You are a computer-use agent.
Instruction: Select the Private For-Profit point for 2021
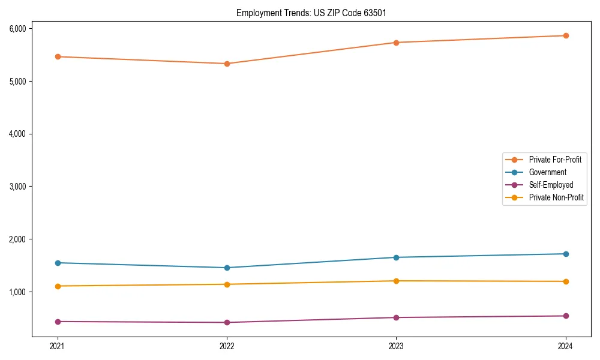pyautogui.click(x=58, y=56)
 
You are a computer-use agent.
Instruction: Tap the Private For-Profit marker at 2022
pyautogui.click(x=227, y=64)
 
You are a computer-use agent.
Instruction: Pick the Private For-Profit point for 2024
pyautogui.click(x=566, y=35)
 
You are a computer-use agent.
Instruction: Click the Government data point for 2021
pyautogui.click(x=58, y=263)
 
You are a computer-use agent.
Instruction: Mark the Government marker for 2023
pyautogui.click(x=396, y=257)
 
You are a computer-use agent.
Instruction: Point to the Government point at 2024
pyautogui.click(x=566, y=254)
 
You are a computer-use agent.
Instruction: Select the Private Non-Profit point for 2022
pyautogui.click(x=227, y=284)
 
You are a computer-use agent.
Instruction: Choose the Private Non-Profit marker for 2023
pyautogui.click(x=396, y=281)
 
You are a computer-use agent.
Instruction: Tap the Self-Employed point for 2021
pyautogui.click(x=58, y=322)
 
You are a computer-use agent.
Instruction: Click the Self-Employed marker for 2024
pyautogui.click(x=566, y=316)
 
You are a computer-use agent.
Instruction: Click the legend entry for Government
pyautogui.click(x=547, y=172)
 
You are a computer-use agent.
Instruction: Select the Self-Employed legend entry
pyautogui.click(x=551, y=185)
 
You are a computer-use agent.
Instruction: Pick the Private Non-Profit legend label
pyautogui.click(x=556, y=197)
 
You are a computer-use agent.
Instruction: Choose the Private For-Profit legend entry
pyautogui.click(x=555, y=160)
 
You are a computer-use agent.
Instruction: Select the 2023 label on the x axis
pyautogui.click(x=396, y=346)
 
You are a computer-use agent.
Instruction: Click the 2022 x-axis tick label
pyautogui.click(x=227, y=346)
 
